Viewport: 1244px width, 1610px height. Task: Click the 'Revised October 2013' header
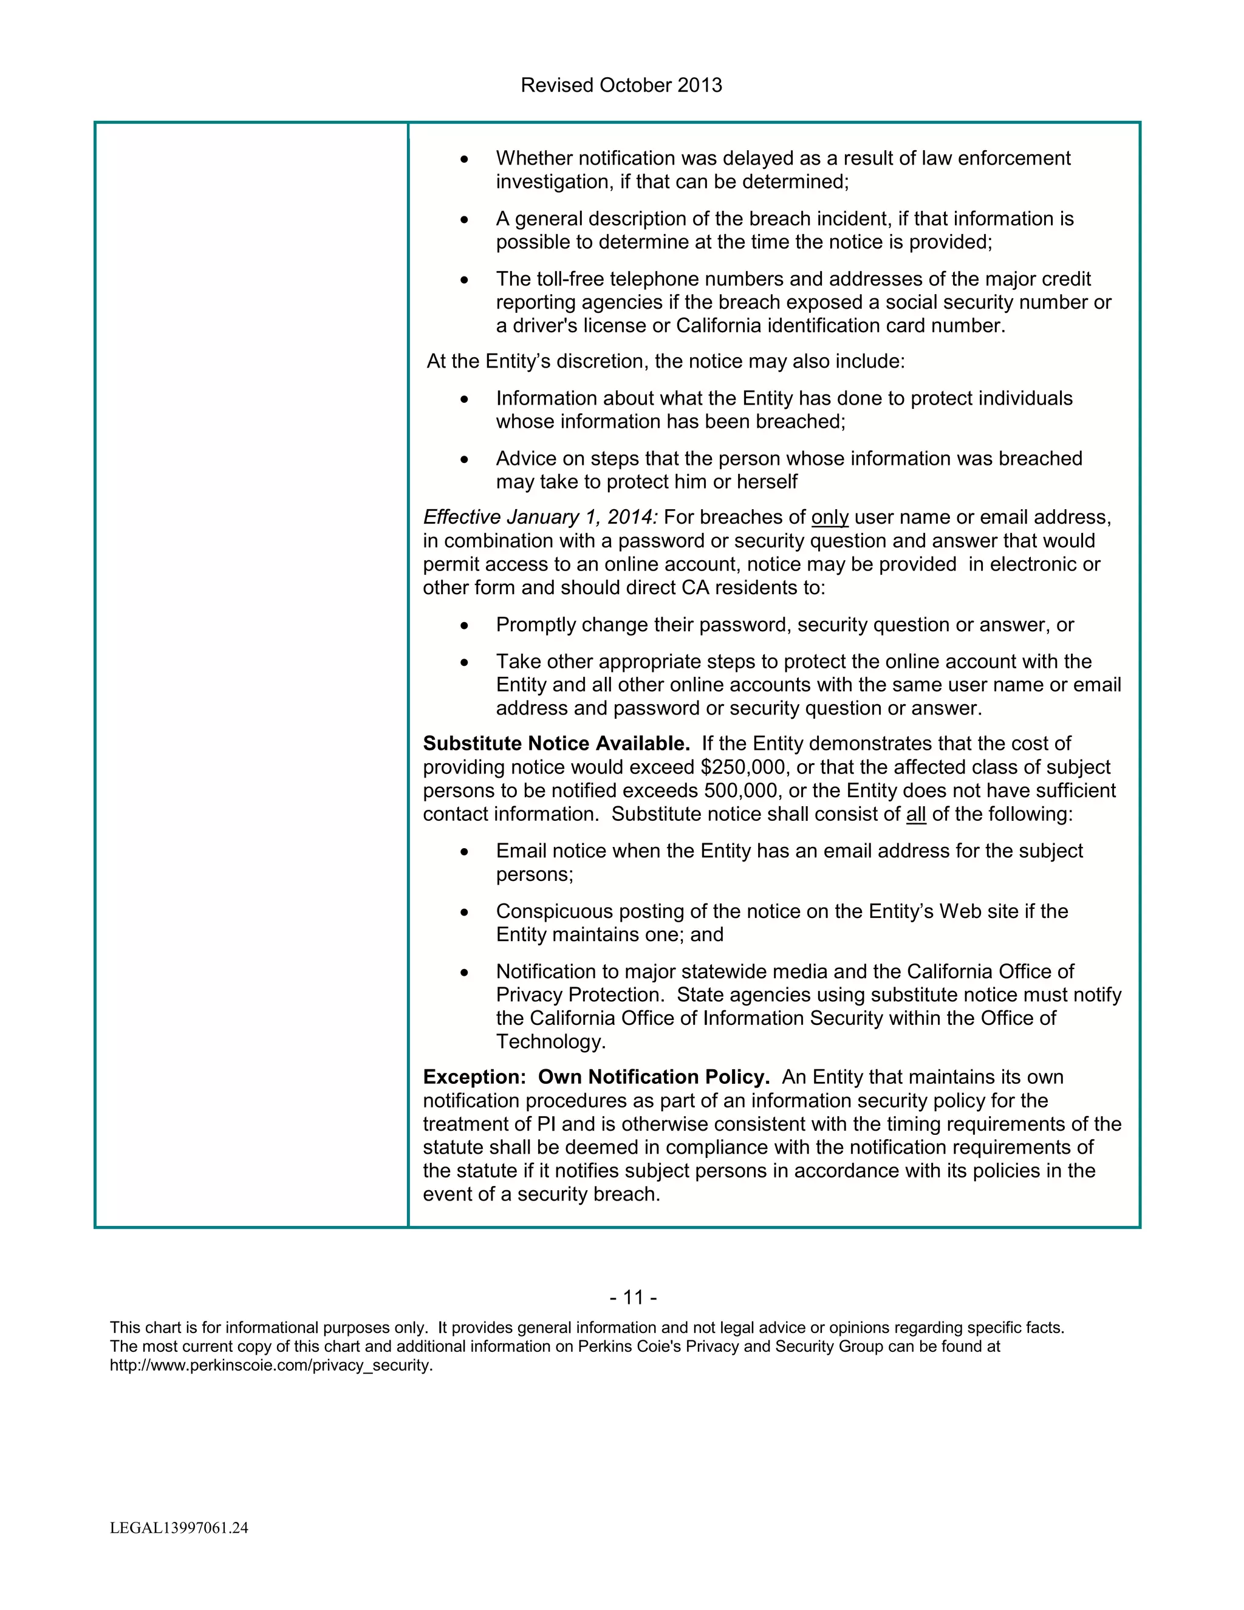(x=621, y=86)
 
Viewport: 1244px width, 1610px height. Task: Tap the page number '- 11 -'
(x=633, y=1298)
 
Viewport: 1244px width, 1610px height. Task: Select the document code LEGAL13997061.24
(x=179, y=1528)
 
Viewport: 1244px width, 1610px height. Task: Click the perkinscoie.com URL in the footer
(x=271, y=1365)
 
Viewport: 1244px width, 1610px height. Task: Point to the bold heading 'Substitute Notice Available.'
(x=556, y=744)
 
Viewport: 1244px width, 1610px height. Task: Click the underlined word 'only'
(x=830, y=518)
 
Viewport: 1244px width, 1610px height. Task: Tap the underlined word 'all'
(x=915, y=815)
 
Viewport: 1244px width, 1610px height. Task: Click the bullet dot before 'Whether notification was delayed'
(x=463, y=159)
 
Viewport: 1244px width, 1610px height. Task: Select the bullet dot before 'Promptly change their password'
(x=463, y=626)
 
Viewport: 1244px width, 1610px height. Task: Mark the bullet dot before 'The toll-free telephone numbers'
(x=463, y=280)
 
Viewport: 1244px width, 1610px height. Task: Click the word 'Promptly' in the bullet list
(x=536, y=625)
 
